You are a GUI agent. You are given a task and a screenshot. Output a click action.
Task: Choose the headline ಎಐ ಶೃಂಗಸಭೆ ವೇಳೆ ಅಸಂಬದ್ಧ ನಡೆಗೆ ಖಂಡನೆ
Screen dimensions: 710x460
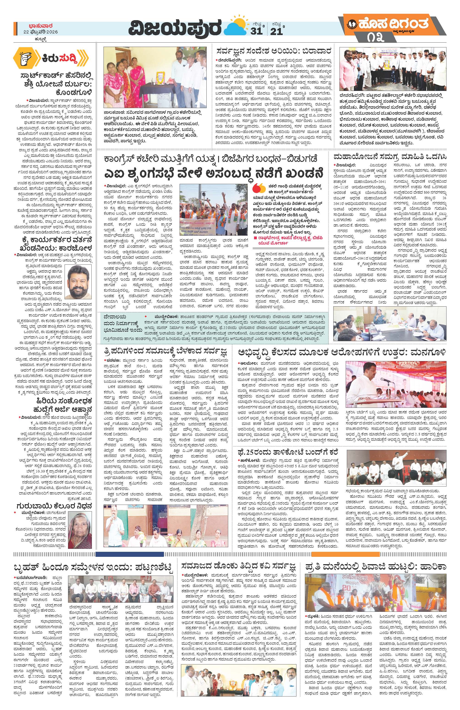[x=216, y=172]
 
